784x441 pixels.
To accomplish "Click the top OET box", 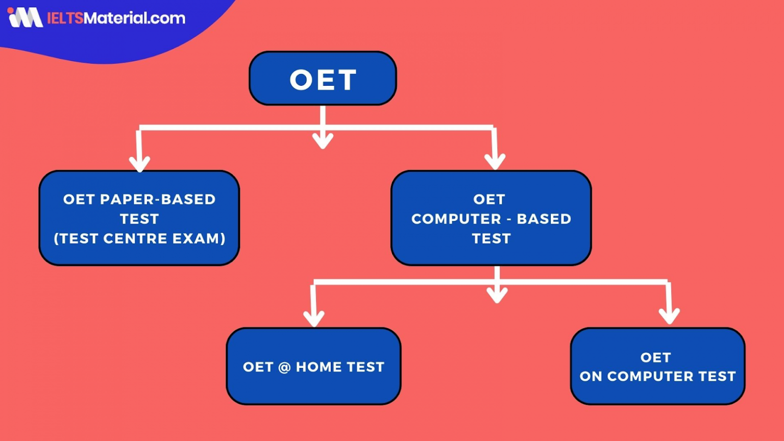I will click(x=323, y=79).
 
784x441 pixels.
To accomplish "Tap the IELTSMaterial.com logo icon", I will click(x=26, y=17).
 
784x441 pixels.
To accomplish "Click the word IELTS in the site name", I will click(x=65, y=18).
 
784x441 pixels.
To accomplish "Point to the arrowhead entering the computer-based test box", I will click(x=495, y=161).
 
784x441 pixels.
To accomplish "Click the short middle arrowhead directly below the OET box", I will click(x=323, y=140).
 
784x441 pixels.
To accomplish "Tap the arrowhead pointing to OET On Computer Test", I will click(x=669, y=316).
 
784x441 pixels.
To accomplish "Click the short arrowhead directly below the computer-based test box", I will click(x=497, y=295).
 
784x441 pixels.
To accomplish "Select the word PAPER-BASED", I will click(x=158, y=199).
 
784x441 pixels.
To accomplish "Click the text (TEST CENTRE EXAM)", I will click(x=139, y=238).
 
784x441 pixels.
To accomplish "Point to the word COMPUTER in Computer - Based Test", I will click(x=456, y=219).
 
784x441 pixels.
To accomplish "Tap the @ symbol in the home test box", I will click(x=284, y=367).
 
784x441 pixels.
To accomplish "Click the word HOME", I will click(x=318, y=367).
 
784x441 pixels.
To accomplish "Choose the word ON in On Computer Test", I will click(x=591, y=376).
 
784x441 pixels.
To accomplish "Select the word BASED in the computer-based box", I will click(x=544, y=219).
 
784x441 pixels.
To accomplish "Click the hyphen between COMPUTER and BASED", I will click(x=509, y=219).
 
